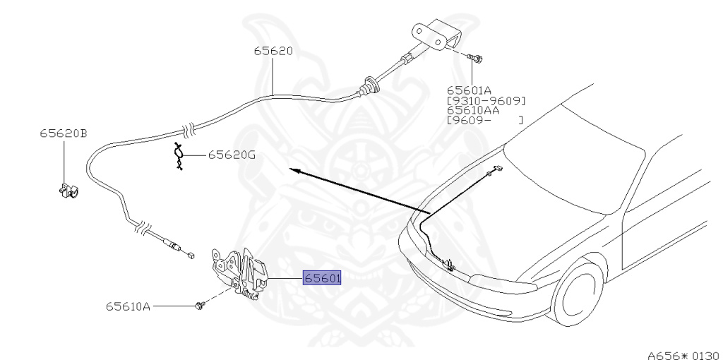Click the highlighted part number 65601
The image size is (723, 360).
(323, 278)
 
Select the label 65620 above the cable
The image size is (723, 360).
(273, 51)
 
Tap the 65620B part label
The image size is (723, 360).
(64, 133)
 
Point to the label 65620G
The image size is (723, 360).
(232, 155)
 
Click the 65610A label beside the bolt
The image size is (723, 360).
(128, 306)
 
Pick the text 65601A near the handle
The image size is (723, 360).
(469, 90)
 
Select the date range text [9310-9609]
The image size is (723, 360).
(486, 100)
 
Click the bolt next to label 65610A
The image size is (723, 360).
(201, 305)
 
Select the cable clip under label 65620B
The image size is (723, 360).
(67, 191)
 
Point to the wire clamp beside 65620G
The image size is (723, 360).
(179, 156)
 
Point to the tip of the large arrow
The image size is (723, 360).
(292, 170)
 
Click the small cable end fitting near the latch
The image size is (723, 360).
(189, 255)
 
